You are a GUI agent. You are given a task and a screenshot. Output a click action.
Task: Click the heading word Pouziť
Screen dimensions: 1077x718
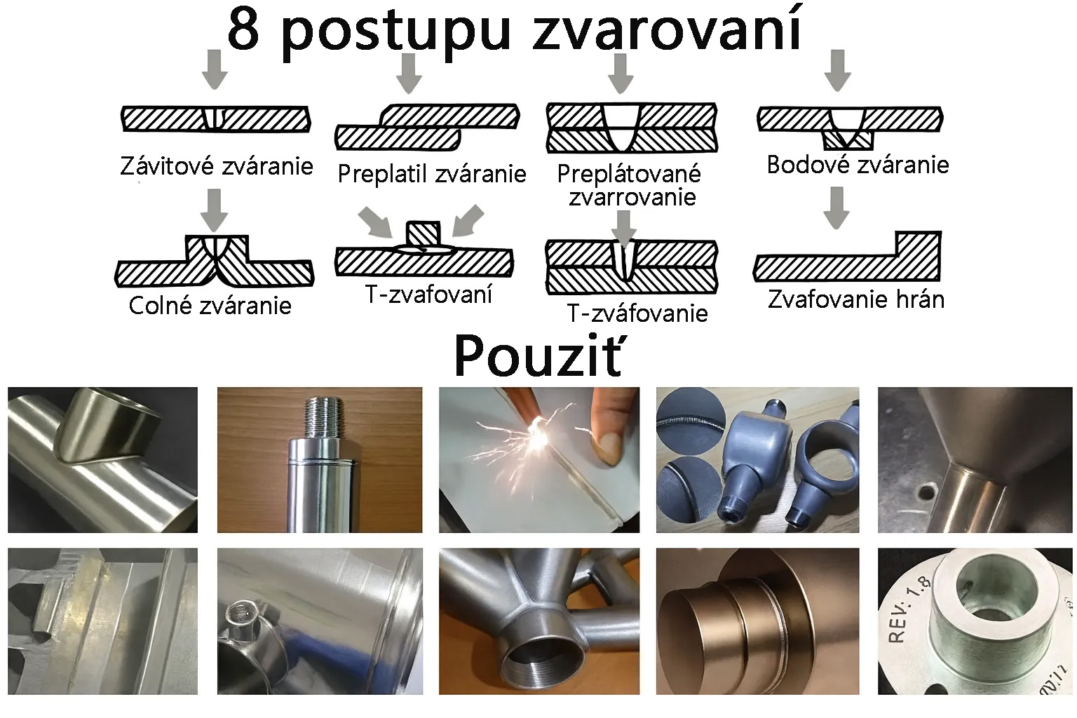[538, 356]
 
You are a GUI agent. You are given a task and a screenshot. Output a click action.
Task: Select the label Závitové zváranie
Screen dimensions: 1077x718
[217, 166]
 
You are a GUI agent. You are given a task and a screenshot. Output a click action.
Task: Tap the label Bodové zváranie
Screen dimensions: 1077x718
[858, 165]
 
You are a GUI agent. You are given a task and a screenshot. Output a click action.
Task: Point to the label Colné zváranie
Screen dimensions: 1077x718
[210, 306]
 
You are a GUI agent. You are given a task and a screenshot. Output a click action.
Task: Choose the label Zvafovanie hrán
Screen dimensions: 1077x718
[856, 299]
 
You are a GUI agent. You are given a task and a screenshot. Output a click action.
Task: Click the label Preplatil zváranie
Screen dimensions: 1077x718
[432, 174]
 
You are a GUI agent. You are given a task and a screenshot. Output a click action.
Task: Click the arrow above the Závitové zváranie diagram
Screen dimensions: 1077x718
[215, 69]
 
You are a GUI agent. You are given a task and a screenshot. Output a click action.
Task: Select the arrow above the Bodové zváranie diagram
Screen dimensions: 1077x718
[838, 70]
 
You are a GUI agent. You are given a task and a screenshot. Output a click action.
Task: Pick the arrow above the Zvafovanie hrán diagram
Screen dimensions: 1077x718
[836, 208]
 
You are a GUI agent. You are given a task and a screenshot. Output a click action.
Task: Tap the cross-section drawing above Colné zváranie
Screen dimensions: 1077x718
[215, 261]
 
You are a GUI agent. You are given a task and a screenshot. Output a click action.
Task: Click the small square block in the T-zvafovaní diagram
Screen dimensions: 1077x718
[423, 233]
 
